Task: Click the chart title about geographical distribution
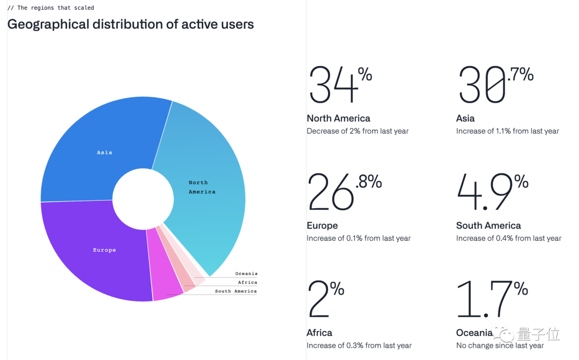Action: (x=130, y=24)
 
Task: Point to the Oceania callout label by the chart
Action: (x=246, y=274)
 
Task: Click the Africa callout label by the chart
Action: (x=247, y=282)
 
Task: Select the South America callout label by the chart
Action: (x=236, y=291)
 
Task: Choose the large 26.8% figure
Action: (x=344, y=192)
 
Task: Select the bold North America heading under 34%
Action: (x=338, y=119)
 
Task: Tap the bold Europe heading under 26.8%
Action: (x=322, y=226)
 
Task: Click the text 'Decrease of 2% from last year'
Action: (x=358, y=131)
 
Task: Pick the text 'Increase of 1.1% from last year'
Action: (x=507, y=131)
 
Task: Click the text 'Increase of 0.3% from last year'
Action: (x=359, y=346)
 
